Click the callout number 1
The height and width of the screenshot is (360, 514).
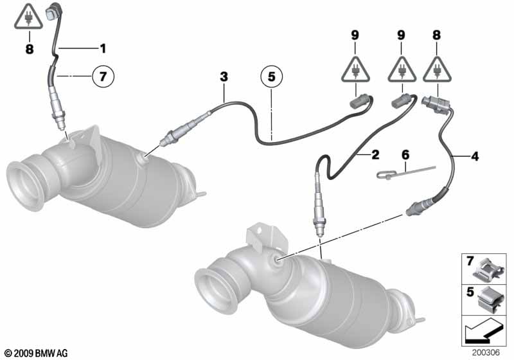[x=103, y=48]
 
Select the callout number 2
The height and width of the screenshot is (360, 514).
[x=375, y=154]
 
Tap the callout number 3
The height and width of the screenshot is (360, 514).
[x=224, y=77]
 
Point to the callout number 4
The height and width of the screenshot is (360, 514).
[x=475, y=156]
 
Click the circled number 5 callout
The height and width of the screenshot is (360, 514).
[x=271, y=76]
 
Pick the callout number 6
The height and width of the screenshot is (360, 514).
[x=405, y=154]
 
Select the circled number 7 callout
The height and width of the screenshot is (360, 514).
[x=103, y=76]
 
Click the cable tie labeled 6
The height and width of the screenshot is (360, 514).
[x=406, y=172]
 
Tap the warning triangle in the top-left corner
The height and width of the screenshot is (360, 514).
[x=28, y=18]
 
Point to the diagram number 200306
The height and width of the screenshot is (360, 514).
[x=486, y=352]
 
